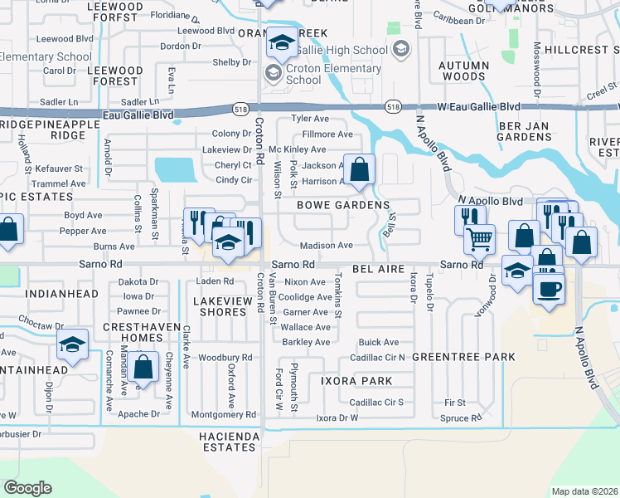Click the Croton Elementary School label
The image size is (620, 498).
click(x=327, y=75)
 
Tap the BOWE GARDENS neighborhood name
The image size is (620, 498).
click(x=343, y=205)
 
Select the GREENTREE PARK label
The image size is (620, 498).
click(x=463, y=357)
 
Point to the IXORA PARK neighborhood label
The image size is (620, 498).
click(x=356, y=380)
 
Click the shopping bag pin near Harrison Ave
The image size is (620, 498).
click(x=360, y=170)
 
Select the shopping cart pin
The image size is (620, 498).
click(x=479, y=240)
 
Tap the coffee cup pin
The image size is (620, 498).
click(x=547, y=289)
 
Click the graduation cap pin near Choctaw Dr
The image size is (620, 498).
click(x=73, y=345)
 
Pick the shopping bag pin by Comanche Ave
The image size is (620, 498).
click(x=143, y=367)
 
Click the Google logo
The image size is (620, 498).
click(x=27, y=488)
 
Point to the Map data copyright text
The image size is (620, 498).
click(x=584, y=491)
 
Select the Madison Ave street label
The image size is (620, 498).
click(x=327, y=246)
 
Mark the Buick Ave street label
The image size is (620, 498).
click(x=379, y=342)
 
